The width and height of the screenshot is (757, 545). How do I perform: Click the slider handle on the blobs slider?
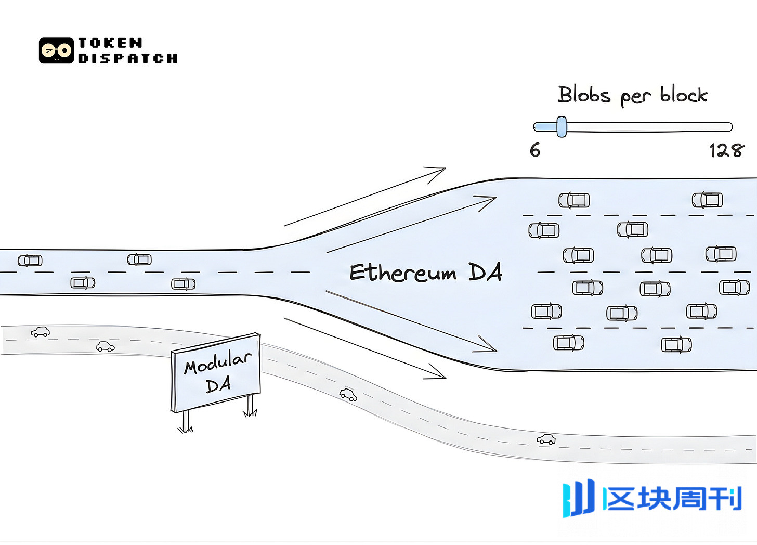click(x=561, y=126)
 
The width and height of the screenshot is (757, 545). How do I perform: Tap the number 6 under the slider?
click(x=535, y=150)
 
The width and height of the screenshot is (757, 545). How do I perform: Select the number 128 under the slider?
click(x=726, y=151)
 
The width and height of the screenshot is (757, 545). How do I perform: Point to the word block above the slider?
click(x=683, y=95)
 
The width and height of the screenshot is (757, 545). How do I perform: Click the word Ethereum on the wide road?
click(x=402, y=272)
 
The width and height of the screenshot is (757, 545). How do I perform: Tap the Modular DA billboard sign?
click(x=216, y=372)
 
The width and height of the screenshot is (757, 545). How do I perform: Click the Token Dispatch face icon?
click(x=56, y=50)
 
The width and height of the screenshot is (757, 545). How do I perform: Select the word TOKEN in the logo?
click(x=110, y=43)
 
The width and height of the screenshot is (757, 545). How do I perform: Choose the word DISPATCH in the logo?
click(x=128, y=58)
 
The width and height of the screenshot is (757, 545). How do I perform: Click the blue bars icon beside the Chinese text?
click(x=578, y=498)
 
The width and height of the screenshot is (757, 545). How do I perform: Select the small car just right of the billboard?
click(x=348, y=395)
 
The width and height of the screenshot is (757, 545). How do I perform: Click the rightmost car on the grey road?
click(x=546, y=439)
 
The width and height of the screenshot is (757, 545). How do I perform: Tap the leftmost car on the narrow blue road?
click(x=30, y=260)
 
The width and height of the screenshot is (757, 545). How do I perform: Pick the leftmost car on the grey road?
click(x=41, y=332)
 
